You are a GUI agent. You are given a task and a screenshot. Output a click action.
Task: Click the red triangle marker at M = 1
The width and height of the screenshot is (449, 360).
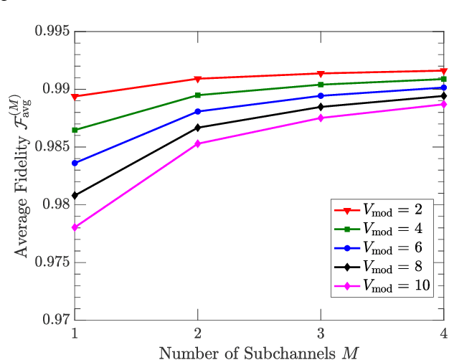(75, 96)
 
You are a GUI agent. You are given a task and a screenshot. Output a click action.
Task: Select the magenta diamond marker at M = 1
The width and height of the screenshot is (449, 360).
(75, 227)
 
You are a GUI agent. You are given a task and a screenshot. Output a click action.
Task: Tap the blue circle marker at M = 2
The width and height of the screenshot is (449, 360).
(197, 111)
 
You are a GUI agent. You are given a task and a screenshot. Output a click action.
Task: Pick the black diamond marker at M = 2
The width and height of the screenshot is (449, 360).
(197, 128)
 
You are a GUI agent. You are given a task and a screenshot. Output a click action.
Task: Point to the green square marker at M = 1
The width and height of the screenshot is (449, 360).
(75, 130)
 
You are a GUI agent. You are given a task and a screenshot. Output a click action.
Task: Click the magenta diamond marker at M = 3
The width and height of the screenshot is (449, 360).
(320, 118)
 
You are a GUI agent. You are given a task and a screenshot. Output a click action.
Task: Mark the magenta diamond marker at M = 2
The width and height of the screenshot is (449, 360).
(197, 143)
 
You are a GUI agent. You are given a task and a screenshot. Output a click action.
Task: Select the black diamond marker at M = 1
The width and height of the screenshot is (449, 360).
(75, 195)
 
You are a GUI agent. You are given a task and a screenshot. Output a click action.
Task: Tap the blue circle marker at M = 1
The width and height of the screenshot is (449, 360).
(75, 163)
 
